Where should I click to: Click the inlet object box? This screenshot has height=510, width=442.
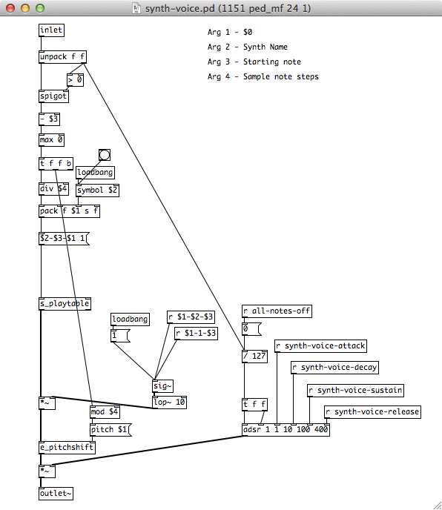(x=51, y=30)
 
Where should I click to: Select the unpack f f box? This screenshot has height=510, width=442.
(x=62, y=57)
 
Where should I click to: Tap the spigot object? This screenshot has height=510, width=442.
(x=53, y=96)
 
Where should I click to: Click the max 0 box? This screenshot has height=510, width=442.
(x=51, y=140)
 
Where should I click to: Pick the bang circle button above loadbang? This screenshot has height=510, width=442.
(x=105, y=155)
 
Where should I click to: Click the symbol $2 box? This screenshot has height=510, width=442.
(x=98, y=191)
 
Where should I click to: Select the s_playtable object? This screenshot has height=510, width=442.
(x=65, y=304)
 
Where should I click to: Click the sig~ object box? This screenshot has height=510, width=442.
(x=162, y=386)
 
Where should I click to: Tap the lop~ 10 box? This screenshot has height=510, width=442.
(x=169, y=403)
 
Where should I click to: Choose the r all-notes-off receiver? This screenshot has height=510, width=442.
(x=277, y=311)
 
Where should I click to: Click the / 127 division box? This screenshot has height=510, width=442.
(x=255, y=356)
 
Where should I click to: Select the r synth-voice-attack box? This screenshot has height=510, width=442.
(x=321, y=346)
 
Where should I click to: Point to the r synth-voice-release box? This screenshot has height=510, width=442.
(x=373, y=412)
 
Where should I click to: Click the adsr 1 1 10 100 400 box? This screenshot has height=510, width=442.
(x=286, y=430)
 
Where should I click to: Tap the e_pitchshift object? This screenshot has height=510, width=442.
(x=67, y=447)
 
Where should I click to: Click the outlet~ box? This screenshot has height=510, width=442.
(x=56, y=494)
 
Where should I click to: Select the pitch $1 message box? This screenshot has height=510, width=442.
(x=110, y=430)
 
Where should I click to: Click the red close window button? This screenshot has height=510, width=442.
(x=10, y=8)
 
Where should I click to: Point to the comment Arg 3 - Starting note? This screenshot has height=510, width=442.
(x=254, y=62)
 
